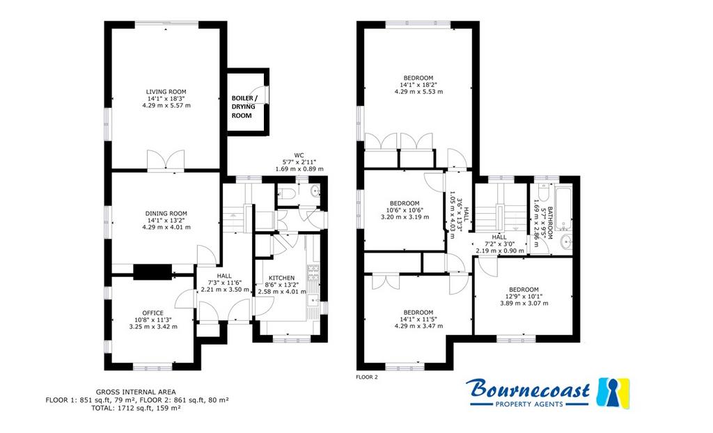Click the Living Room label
pos(166,91)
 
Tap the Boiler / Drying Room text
pos(244,107)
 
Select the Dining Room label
pos(166,213)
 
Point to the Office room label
pos(152,313)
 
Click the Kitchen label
pos(281,278)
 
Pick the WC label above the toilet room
pos(299,155)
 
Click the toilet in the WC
pos(288,194)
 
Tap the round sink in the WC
pos(315,191)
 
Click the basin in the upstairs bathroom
pos(565,243)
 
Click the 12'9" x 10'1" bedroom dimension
pos(524,297)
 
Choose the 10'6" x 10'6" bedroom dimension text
pos(405,210)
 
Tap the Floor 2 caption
pos(367,377)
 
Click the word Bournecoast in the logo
pos(528,390)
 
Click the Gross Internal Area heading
pos(136,392)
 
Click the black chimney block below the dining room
pos(152,272)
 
